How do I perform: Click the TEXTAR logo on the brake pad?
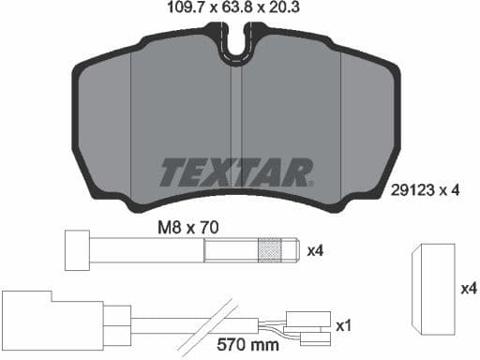coord(235,172)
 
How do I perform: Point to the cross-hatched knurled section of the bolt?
coord(269,250)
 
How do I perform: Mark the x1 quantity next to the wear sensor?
coord(343,325)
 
